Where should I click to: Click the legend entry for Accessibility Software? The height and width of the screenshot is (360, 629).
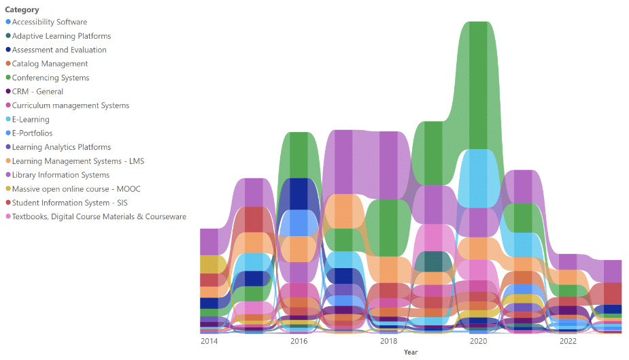point(49,22)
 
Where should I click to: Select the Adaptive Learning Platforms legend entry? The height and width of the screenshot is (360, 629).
point(61,36)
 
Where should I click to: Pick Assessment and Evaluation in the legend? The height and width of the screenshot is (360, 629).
point(59,50)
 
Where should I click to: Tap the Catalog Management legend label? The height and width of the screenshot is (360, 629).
point(50,64)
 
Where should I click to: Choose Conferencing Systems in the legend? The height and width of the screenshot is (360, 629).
point(50,78)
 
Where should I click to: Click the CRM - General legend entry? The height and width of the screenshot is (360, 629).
point(37,92)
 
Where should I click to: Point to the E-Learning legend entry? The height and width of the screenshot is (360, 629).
point(31,120)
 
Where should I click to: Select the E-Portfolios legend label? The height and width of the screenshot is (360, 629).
point(32,133)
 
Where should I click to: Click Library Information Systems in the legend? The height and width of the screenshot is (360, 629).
point(61,176)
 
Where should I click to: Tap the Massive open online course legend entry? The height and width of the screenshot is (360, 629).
point(76,189)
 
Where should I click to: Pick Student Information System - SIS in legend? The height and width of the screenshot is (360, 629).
point(69,203)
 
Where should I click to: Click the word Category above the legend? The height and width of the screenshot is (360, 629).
point(22,10)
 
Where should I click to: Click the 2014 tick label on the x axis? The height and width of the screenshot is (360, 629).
point(209,341)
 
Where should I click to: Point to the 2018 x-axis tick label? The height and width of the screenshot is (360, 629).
point(388,341)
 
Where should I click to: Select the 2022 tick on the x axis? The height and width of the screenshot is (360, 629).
point(567,341)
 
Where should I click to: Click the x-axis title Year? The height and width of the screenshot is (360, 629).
point(411,353)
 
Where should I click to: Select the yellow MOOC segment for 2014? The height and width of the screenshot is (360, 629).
point(209,264)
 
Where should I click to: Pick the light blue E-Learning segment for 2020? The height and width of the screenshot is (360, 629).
point(478,178)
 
